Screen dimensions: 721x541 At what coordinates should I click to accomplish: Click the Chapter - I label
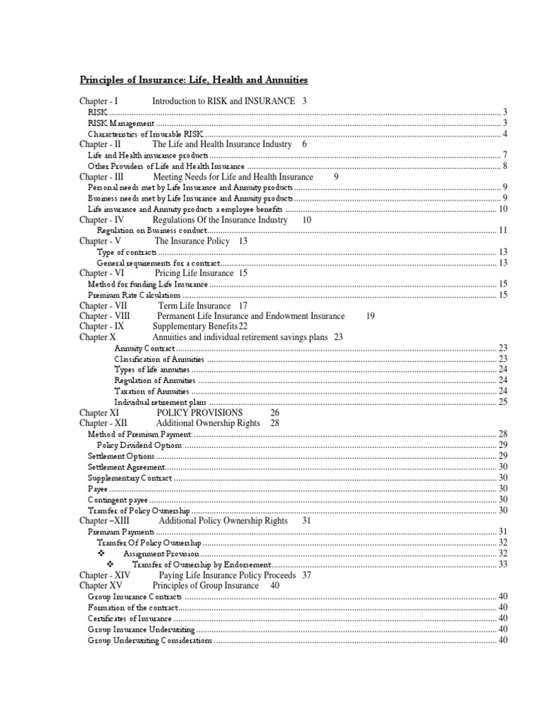tap(103, 101)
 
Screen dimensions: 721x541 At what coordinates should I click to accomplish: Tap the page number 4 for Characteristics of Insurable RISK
tap(505, 134)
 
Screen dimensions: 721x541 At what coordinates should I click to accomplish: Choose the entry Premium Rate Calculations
tap(134, 295)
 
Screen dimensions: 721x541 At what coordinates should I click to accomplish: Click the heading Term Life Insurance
tap(193, 306)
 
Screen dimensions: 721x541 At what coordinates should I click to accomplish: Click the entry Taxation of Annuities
tap(151, 391)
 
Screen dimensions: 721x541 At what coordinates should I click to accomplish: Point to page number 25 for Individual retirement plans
tap(503, 401)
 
